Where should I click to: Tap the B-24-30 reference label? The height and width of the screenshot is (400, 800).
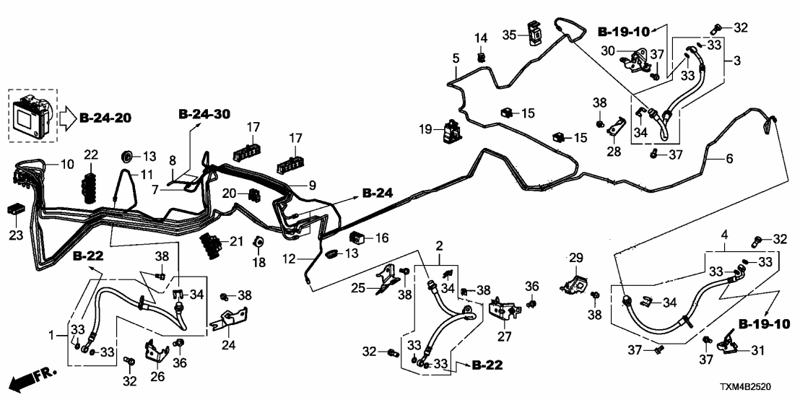[x=204, y=113]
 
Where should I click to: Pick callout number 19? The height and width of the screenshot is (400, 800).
[x=426, y=130]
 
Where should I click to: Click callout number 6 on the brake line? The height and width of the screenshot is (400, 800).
[x=729, y=157]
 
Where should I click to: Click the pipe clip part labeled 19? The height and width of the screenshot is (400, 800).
[x=453, y=132]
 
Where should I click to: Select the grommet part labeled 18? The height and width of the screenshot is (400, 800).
[x=259, y=242]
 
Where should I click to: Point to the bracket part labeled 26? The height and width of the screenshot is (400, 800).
[x=157, y=351]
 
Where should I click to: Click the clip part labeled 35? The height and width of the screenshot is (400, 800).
[x=535, y=32]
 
